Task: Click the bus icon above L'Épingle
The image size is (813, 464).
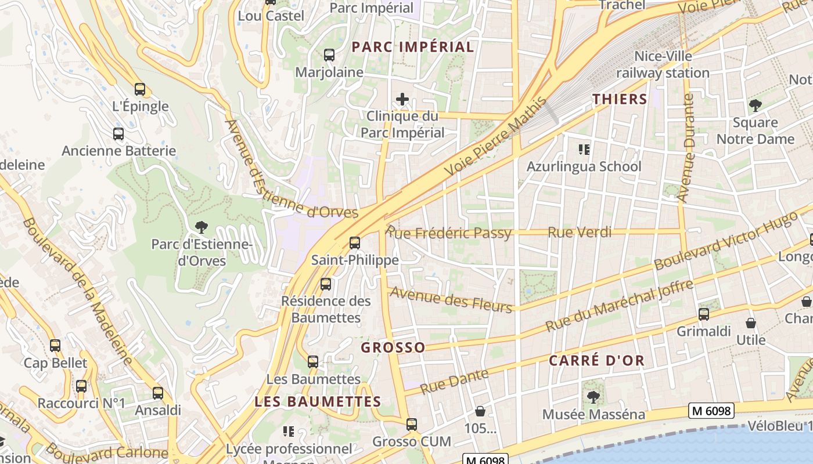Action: click(x=140, y=89)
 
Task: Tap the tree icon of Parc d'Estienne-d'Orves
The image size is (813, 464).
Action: click(x=202, y=227)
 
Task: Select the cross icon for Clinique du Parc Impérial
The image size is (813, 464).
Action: click(x=402, y=99)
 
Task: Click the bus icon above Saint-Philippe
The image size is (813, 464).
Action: click(x=355, y=243)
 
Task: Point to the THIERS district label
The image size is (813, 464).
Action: click(x=620, y=99)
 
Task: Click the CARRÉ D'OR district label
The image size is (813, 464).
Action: click(x=596, y=360)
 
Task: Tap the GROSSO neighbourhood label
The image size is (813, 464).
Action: click(x=393, y=347)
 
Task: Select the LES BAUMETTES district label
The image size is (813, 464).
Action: click(x=318, y=401)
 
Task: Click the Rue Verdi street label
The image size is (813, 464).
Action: click(x=580, y=233)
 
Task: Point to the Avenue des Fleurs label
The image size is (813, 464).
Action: click(x=451, y=299)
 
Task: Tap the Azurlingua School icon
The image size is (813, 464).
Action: click(x=584, y=150)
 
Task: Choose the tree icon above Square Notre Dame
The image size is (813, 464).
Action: click(x=755, y=106)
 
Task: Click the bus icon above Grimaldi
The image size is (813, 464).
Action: click(x=704, y=314)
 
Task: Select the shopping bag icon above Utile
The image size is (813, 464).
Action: click(x=751, y=323)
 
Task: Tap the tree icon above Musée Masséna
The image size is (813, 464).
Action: click(x=593, y=397)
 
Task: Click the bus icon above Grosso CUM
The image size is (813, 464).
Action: click(x=412, y=425)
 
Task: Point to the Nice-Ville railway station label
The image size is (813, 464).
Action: click(x=663, y=64)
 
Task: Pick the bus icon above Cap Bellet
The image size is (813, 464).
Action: click(x=55, y=346)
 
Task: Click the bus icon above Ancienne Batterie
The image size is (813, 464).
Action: click(x=118, y=134)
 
